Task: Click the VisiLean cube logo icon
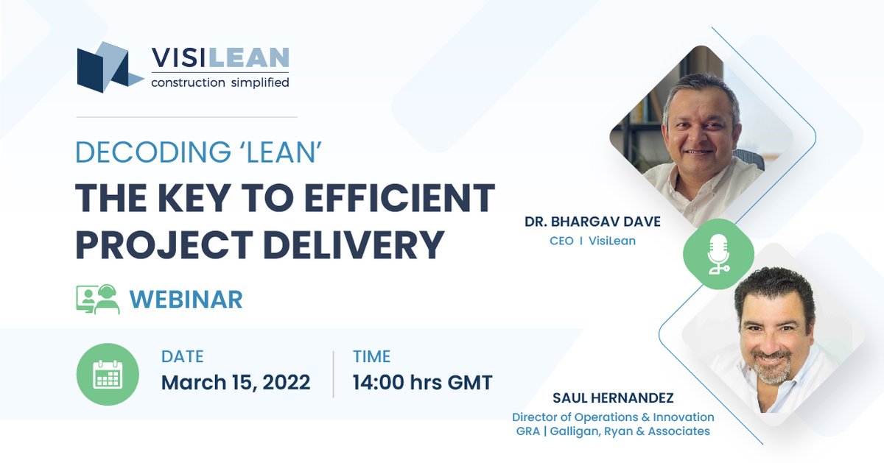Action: tap(109, 68)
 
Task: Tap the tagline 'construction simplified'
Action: tap(220, 82)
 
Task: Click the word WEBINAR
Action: tap(186, 300)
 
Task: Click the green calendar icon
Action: tap(108, 374)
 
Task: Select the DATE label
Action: tap(182, 357)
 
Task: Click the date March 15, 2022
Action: tap(235, 383)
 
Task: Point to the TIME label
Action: tap(371, 357)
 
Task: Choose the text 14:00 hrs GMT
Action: tap(422, 383)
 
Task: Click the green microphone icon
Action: tap(718, 254)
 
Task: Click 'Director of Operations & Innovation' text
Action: tap(613, 417)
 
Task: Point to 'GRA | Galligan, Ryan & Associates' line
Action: tap(613, 431)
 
